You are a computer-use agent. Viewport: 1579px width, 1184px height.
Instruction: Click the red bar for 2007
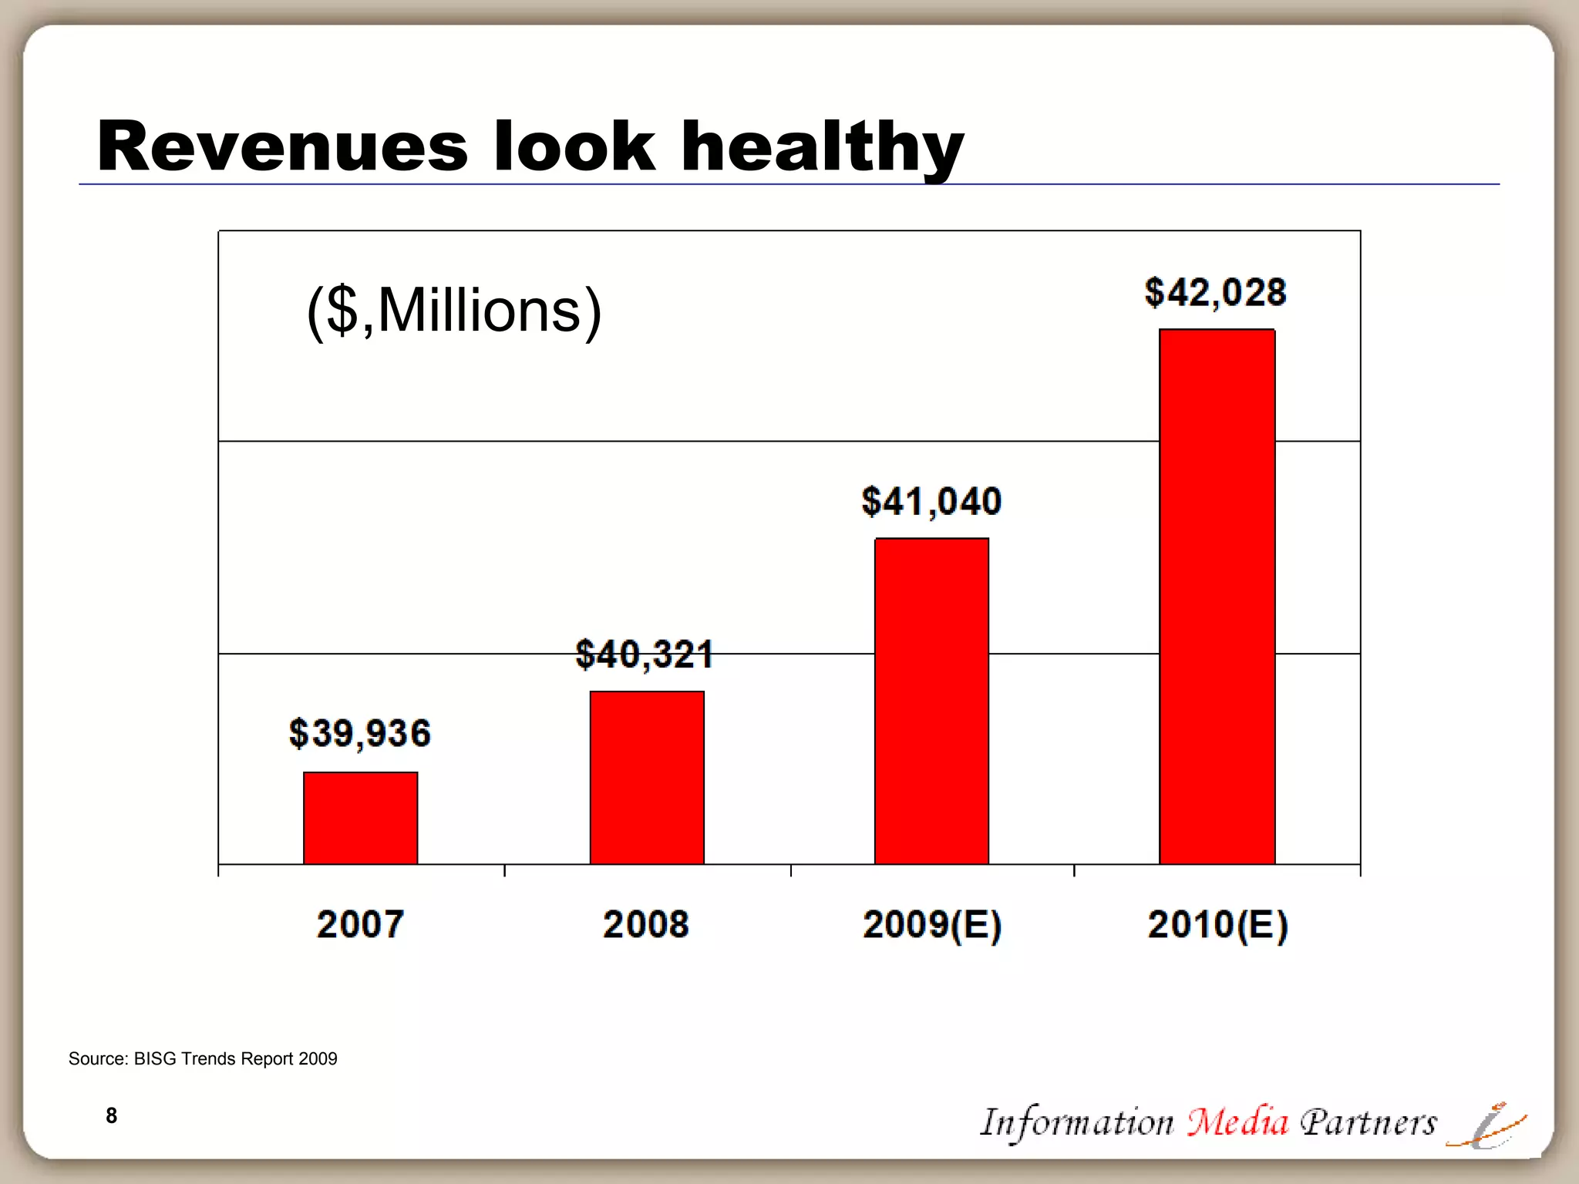(x=360, y=818)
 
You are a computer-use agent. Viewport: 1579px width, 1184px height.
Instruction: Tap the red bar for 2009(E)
(x=931, y=701)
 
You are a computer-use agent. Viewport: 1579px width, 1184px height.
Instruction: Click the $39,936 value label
(x=360, y=733)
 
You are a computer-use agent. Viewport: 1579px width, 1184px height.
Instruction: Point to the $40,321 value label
(x=645, y=654)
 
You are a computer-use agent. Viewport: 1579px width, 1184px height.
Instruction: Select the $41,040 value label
(x=931, y=501)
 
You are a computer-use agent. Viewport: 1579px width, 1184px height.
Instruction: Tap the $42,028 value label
(x=1215, y=292)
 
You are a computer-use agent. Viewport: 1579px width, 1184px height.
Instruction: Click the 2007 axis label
(x=360, y=924)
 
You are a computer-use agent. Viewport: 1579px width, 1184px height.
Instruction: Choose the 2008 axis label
(x=646, y=924)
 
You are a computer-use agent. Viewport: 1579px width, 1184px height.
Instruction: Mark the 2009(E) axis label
(x=931, y=925)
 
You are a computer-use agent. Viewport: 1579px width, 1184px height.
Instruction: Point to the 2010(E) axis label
(x=1217, y=925)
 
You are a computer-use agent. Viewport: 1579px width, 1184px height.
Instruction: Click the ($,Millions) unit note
(x=453, y=311)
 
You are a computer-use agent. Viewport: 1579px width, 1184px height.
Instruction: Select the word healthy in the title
(x=822, y=148)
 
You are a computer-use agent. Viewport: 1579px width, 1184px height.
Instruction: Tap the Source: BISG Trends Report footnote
(x=203, y=1058)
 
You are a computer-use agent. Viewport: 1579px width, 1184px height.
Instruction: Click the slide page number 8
(x=112, y=1115)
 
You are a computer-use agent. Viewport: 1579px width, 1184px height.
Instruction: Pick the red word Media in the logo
(x=1237, y=1122)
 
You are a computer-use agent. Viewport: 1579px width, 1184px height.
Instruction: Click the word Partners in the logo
(x=1369, y=1122)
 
